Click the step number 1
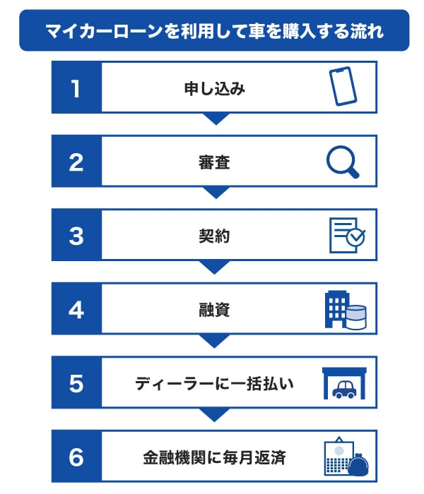pos(76,88)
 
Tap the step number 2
pos(76,162)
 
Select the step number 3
pos(76,236)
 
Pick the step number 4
pos(76,310)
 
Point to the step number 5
pos(76,384)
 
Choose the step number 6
pos(76,457)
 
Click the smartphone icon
pos(343,86)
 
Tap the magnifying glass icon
pos(343,162)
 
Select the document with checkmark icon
pos(347,235)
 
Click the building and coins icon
pos(346,310)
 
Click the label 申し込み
pos(215,88)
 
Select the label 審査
pos(215,162)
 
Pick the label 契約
pos(215,236)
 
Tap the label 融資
pos(215,310)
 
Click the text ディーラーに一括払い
pos(215,384)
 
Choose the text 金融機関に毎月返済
pos(215,457)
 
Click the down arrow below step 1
pos(216,119)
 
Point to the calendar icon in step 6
pos(339,456)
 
